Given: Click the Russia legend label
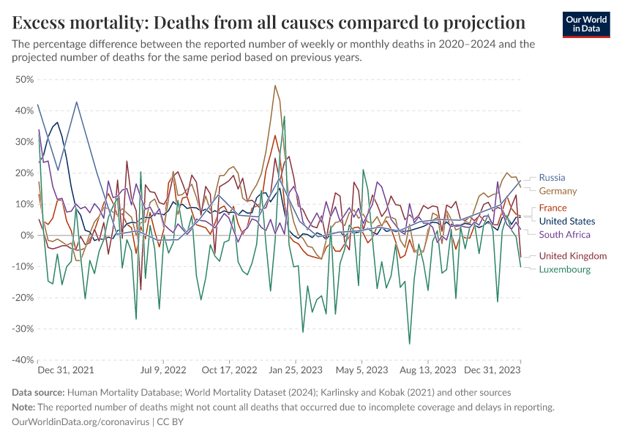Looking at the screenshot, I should pos(552,177).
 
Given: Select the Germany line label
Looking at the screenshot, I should pos(558,191).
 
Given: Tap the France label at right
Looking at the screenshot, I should pos(552,208).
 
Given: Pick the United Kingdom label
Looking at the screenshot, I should pos(572,255).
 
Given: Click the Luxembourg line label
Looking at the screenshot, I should pos(564,269).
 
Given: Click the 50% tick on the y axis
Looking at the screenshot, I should pos(24,79).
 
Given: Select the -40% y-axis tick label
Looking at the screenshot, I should pos(22,360).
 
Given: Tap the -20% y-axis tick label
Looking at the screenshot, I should pos(22,298).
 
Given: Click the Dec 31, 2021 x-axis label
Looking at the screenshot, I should pos(66,370).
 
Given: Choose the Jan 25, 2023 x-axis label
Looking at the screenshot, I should pos(296,370).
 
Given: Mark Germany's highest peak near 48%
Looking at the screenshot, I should pos(274,86).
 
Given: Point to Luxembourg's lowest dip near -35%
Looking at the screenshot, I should pos(410,343).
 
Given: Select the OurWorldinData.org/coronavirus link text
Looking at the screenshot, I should pos(80,422).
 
